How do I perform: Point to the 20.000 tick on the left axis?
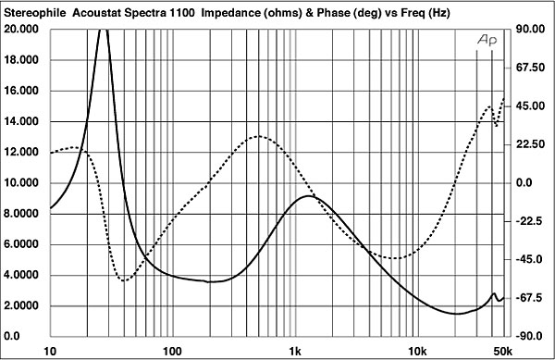click(x=24, y=29)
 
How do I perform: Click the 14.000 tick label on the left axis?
click(x=24, y=121)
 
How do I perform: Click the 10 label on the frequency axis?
click(x=51, y=352)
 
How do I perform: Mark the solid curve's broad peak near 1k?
click(x=311, y=196)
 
